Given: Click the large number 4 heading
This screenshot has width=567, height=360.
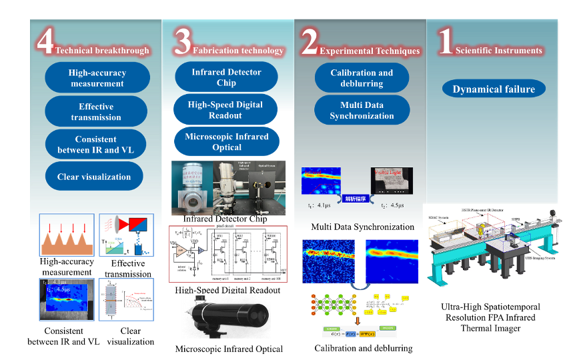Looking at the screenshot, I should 45,43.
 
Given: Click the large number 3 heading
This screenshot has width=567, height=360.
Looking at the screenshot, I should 182,43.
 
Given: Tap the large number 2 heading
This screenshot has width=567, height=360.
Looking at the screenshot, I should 309,43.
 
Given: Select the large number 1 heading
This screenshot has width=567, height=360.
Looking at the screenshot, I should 445,43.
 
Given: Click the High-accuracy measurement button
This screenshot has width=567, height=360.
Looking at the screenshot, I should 97,78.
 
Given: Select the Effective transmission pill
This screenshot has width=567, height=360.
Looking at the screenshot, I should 97,111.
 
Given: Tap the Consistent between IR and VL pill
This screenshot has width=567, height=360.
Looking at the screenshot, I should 96,145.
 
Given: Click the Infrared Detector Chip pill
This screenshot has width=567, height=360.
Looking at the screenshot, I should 227,77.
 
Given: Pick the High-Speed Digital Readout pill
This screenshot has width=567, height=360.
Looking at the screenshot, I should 225,110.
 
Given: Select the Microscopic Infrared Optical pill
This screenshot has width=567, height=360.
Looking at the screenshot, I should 227,142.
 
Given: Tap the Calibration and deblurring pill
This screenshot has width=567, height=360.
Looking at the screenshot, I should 362,78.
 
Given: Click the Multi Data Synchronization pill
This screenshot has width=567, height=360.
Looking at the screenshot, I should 362,110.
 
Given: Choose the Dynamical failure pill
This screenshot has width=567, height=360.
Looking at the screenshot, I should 494,89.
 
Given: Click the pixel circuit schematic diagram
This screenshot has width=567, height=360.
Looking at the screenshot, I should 227,253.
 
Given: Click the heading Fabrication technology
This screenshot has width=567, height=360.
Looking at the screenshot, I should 238,51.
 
